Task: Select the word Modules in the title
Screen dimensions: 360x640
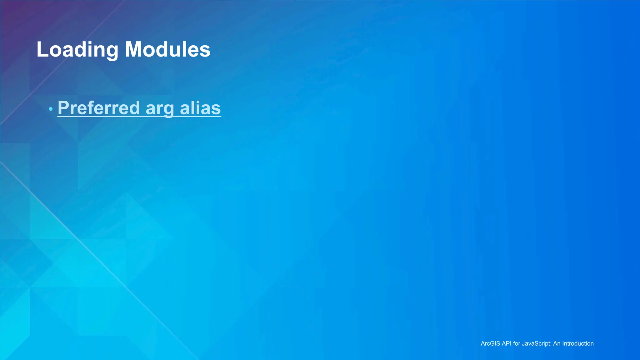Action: [168, 50]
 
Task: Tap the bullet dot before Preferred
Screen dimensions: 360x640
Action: [51, 109]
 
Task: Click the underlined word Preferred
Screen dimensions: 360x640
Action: [99, 108]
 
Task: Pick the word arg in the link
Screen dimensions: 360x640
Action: [160, 108]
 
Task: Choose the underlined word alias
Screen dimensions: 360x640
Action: [200, 108]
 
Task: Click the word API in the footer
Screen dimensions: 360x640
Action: [507, 343]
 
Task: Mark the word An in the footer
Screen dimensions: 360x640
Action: [557, 343]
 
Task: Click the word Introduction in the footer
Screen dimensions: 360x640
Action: [578, 343]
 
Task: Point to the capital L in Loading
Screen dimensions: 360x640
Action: [42, 50]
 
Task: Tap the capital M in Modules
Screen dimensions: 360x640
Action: [132, 50]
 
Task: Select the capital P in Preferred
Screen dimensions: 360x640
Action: [63, 108]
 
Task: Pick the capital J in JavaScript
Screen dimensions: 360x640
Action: [523, 343]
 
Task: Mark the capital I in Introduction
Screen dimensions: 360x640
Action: [563, 343]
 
